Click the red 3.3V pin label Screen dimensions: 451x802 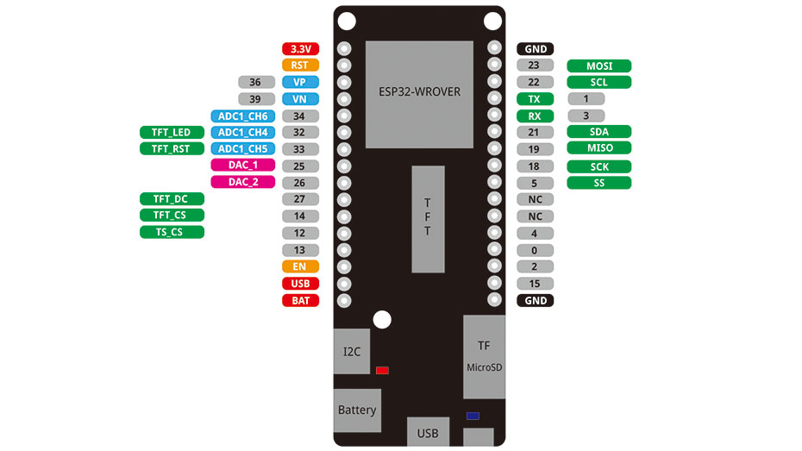tap(300, 49)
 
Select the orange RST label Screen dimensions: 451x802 tap(300, 65)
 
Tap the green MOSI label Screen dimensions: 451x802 tap(598, 66)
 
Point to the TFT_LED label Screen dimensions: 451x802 tap(172, 133)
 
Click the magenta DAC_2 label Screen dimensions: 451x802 tap(243, 182)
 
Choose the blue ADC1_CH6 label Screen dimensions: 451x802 tap(242, 116)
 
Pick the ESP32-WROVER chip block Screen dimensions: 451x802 tap(419, 93)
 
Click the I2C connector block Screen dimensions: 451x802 tap(352, 351)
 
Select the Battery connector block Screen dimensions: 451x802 tap(357, 410)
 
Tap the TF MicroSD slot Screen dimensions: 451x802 tap(484, 356)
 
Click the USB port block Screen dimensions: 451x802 tap(428, 431)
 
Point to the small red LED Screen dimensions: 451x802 tap(382, 371)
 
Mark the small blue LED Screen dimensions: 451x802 tap(473, 416)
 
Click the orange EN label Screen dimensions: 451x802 tap(300, 266)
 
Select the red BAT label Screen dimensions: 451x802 tap(300, 300)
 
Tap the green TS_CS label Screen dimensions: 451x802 tap(172, 232)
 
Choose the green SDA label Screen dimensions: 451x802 tap(598, 132)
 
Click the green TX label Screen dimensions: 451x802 tap(535, 99)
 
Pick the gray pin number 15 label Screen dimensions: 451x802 tap(535, 284)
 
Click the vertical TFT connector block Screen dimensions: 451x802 tap(428, 219)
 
